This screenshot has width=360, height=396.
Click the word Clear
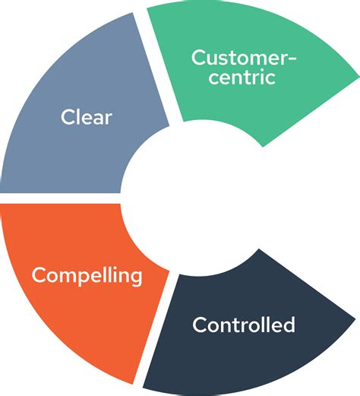(x=87, y=118)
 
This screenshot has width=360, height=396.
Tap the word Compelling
(x=87, y=275)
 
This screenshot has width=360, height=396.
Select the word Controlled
(x=243, y=325)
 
